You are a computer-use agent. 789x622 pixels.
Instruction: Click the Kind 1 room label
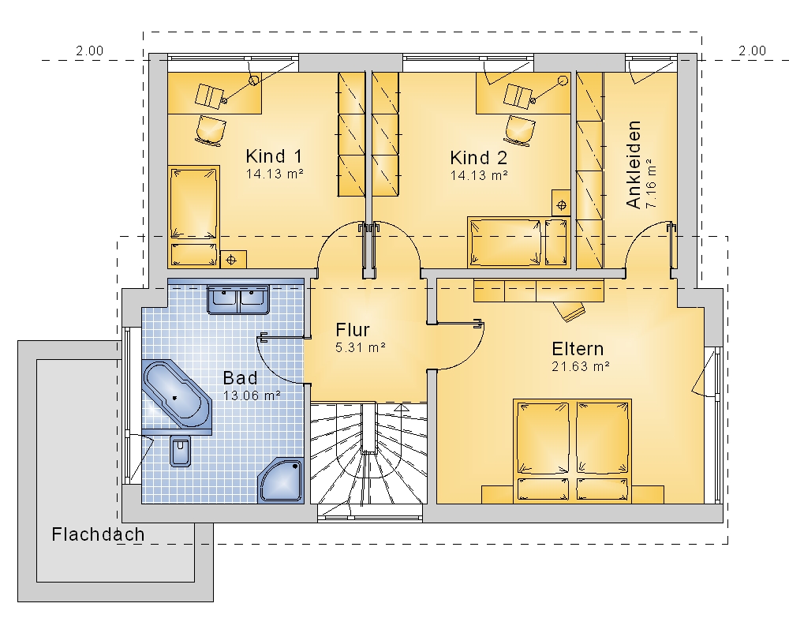pos(274,156)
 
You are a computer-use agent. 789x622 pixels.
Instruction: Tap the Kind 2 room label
pos(479,158)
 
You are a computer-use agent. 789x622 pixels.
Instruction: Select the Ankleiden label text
pos(634,164)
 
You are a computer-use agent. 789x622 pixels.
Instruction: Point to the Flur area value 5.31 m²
pos(361,347)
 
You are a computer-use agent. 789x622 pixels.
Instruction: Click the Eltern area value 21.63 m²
pos(581,366)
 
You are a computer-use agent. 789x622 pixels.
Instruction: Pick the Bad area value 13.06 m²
pos(252,395)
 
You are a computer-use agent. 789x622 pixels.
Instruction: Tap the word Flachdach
pos(98,534)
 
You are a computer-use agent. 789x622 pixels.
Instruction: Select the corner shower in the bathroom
pos(281,481)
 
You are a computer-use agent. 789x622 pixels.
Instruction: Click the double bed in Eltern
pos(572,451)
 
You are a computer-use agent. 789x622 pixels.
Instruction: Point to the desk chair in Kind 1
pos(209,129)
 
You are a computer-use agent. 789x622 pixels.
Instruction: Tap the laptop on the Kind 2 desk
pos(519,96)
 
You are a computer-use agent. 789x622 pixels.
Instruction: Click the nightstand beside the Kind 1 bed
pos(233,259)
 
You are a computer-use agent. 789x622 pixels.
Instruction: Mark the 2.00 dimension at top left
pos(90,51)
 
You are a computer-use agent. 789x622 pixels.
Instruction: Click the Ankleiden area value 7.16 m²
pos(651,183)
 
